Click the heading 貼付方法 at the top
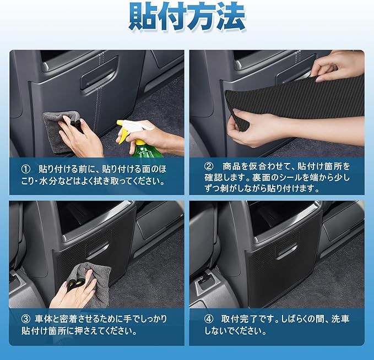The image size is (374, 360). [x=187, y=17]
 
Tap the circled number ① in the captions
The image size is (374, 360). [x=26, y=170]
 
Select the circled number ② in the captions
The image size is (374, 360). [x=209, y=166]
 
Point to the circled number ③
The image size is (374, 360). [x=26, y=319]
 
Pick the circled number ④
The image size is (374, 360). [x=209, y=319]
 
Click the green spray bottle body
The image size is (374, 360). [x=147, y=150]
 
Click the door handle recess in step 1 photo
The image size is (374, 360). [x=99, y=73]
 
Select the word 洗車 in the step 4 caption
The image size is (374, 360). [x=340, y=319]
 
